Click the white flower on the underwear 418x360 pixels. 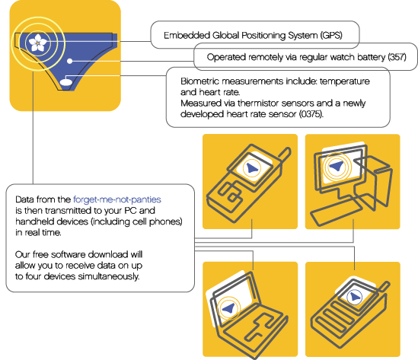tap(38, 43)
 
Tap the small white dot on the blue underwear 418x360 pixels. tap(69, 61)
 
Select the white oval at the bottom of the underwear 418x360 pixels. tap(65, 81)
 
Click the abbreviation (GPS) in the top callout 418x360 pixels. tap(331, 35)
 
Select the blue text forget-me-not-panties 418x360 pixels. tap(117, 199)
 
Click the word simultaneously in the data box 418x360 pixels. tap(109, 276)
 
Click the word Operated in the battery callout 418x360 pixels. tap(223, 57)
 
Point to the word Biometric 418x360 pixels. tap(199, 81)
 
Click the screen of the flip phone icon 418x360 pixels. tap(252, 168)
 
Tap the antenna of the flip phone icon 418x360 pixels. tap(285, 154)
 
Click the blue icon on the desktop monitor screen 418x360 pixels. tap(337, 166)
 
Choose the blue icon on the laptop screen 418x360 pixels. tap(229, 308)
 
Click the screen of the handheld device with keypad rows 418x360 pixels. tap(355, 296)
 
